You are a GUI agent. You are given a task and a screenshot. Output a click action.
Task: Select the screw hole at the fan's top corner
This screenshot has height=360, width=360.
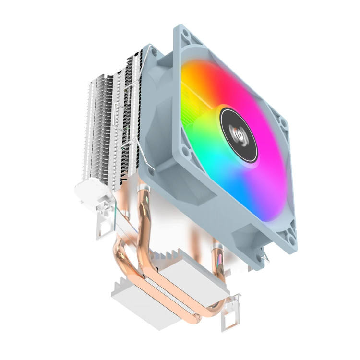[186, 36]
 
